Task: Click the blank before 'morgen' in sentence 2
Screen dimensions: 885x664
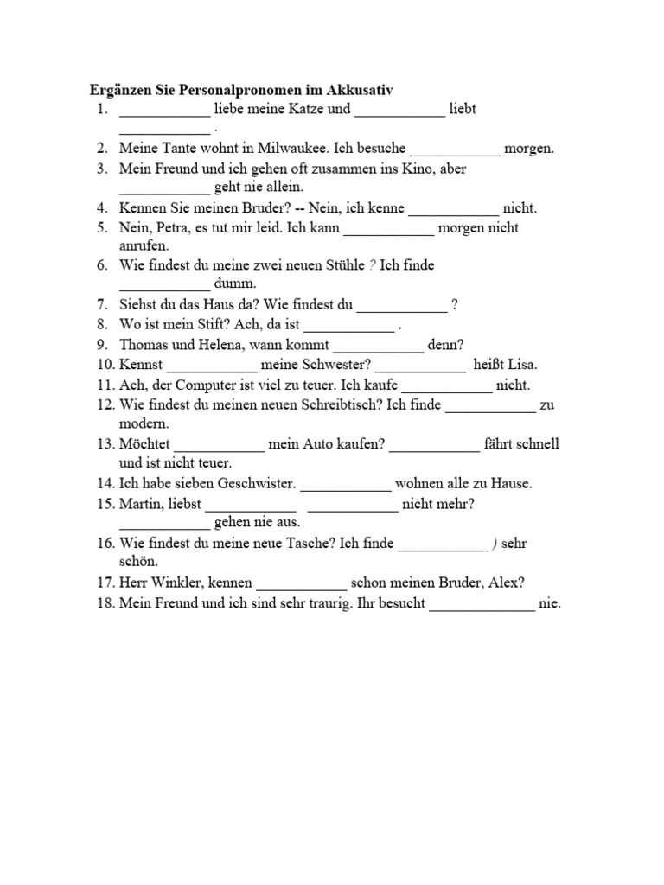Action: click(x=455, y=149)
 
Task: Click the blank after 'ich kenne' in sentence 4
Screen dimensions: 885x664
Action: click(x=453, y=208)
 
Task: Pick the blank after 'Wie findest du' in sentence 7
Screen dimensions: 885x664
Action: click(x=402, y=303)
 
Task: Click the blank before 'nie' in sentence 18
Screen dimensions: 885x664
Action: click(x=482, y=604)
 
